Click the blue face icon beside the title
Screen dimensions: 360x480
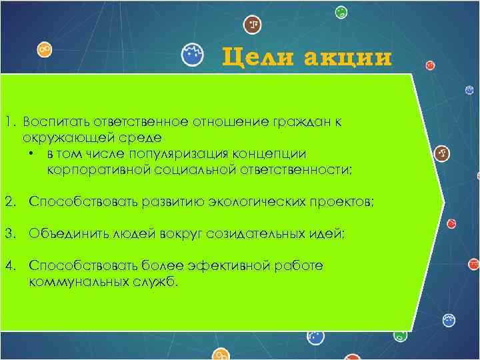(193, 55)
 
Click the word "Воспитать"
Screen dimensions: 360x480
(55, 122)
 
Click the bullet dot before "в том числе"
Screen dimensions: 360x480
(31, 154)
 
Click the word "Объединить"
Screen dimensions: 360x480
(63, 234)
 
